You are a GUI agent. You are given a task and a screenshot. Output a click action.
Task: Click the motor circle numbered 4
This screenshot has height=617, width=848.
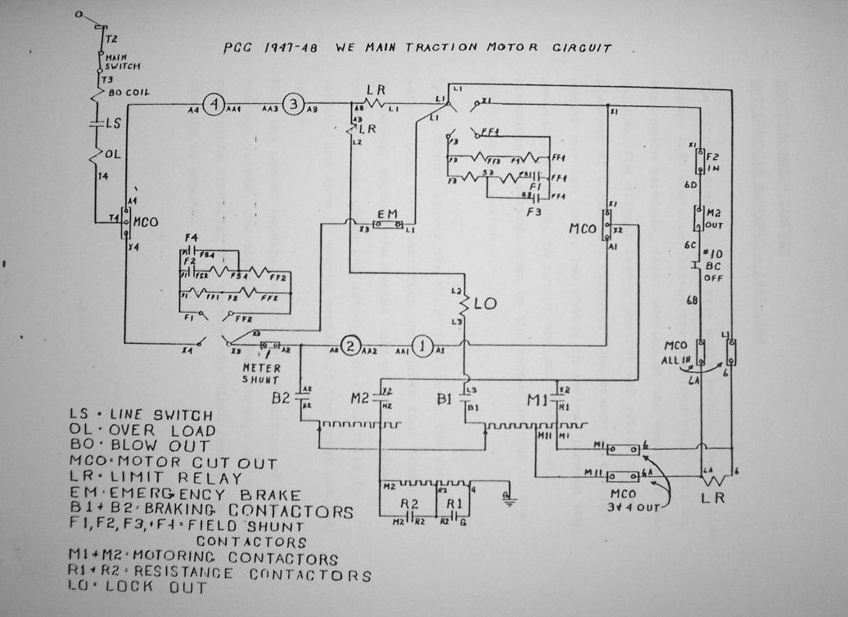[214, 105]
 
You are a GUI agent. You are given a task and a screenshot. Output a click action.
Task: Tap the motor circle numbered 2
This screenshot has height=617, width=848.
[350, 346]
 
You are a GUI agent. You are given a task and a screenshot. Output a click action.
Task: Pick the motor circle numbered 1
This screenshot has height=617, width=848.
[422, 346]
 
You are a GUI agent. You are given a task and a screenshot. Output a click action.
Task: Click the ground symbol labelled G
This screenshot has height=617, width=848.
[508, 498]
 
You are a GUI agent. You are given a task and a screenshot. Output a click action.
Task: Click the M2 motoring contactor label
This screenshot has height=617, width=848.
[361, 399]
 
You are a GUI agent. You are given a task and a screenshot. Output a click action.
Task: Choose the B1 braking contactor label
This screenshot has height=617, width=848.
[445, 399]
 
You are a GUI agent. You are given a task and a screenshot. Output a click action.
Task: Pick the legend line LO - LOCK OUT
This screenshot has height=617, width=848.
[139, 588]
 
